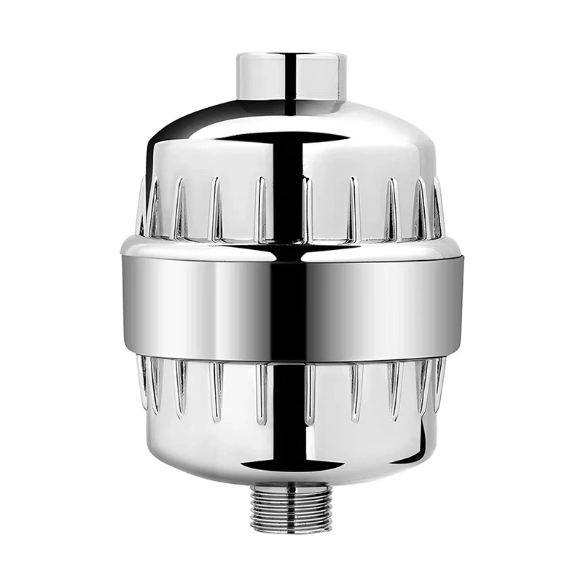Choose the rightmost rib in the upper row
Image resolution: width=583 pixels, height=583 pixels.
coord(437,208)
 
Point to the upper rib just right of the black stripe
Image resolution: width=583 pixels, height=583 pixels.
coord(307,208)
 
